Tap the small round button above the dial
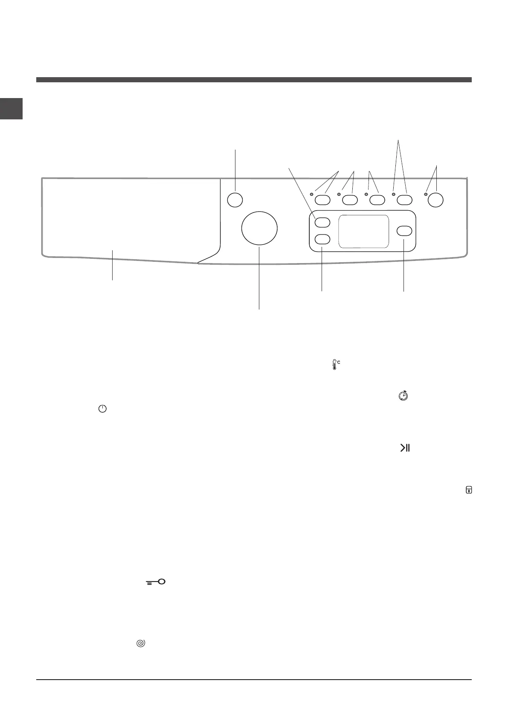[235, 200]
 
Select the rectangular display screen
[363, 232]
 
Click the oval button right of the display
[404, 231]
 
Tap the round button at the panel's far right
[435, 200]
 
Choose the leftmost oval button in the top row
[322, 200]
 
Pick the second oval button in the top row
[350, 200]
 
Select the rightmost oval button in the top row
[404, 200]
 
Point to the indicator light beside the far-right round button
[426, 194]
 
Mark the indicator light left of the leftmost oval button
[312, 194]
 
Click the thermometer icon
[335, 365]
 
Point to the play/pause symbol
[405, 448]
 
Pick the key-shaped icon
[156, 582]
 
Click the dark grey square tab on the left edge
[11, 108]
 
